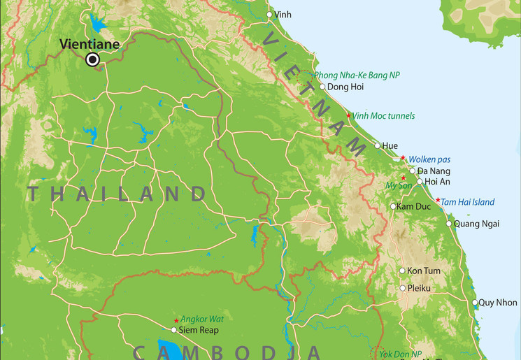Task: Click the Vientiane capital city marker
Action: pos(92,60)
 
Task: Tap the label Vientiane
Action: pos(90,43)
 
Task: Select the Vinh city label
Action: pos(283,14)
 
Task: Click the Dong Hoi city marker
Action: pos(322,87)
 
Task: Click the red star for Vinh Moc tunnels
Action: pos(349,115)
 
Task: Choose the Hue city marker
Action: pos(378,145)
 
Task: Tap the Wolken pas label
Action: pos(429,159)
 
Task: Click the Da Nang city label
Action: pos(434,171)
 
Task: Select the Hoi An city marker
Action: pos(420,182)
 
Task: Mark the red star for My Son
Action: pos(403,178)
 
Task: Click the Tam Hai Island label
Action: pos(467,202)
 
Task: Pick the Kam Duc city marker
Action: pos(393,206)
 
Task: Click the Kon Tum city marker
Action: pos(402,271)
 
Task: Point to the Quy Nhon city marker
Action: pos(474,303)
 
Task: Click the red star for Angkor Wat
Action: pos(176,320)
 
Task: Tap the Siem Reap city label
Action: pos(199,330)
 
